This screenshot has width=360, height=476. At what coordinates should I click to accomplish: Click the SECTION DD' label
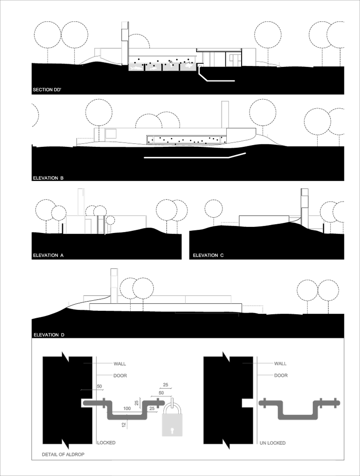click(47, 90)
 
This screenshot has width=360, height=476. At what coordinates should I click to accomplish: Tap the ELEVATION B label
click(48, 178)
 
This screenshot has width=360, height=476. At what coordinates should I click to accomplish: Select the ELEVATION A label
click(48, 255)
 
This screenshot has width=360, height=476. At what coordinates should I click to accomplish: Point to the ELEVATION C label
click(208, 255)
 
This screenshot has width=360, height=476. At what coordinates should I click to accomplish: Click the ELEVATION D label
click(49, 335)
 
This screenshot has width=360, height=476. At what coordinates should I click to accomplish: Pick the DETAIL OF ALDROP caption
click(63, 454)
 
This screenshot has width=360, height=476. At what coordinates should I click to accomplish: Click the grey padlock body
click(172, 425)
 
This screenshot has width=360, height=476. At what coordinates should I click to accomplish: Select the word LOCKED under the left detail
click(106, 443)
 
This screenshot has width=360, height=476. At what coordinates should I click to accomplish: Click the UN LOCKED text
click(273, 443)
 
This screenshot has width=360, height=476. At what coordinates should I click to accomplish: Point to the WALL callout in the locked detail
click(120, 364)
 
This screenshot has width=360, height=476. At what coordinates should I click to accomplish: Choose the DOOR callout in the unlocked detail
click(281, 376)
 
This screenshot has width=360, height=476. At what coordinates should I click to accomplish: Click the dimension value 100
click(127, 409)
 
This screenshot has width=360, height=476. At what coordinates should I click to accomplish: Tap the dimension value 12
click(124, 425)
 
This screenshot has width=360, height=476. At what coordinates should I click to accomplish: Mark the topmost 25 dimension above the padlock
click(165, 385)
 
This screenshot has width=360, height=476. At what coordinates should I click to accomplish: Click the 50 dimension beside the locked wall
click(99, 386)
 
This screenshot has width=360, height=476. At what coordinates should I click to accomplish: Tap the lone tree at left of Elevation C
click(213, 209)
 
